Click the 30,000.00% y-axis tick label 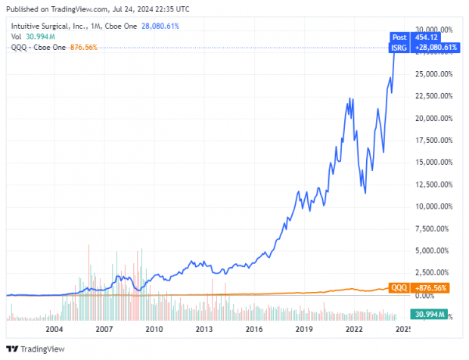coord(436,30)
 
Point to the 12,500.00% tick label coord(436,185)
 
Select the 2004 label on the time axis coord(54,330)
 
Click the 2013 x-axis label coord(203,330)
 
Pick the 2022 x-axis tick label coord(354,330)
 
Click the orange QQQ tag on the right coord(399,287)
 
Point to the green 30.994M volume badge coord(427,314)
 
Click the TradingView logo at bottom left coord(37,349)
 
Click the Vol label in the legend coord(16,36)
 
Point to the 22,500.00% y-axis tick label coord(436,97)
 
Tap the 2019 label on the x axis coord(304,330)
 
